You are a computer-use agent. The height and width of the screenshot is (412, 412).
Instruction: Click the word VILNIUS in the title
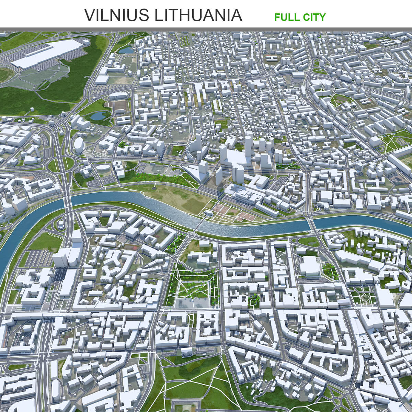coord(112,15)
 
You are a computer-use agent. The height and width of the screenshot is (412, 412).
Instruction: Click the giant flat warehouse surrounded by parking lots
coord(48,53)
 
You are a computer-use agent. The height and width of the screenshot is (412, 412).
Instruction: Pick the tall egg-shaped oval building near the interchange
coord(79,145)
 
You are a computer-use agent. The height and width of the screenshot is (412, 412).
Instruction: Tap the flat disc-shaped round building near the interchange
coord(102,168)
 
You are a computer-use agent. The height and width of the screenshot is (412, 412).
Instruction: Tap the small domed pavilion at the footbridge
coord(208,213)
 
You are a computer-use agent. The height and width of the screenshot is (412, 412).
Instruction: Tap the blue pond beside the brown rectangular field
coord(98,116)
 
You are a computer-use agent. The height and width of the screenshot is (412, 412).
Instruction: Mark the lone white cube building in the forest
coord(32,109)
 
